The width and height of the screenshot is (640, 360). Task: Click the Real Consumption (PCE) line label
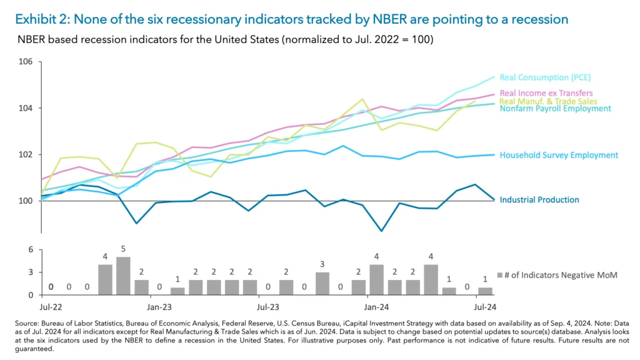(x=545, y=77)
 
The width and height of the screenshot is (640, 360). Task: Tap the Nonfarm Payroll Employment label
(x=555, y=109)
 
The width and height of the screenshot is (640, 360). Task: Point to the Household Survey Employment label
(x=559, y=155)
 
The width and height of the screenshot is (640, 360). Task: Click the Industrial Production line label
(x=539, y=200)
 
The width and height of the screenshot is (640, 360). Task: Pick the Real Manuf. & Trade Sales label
(x=548, y=101)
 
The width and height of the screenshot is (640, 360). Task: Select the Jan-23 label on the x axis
(x=161, y=307)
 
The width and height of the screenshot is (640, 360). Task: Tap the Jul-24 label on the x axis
(x=484, y=307)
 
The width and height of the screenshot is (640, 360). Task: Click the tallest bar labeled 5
(x=123, y=276)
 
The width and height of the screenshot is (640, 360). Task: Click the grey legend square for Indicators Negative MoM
(x=499, y=274)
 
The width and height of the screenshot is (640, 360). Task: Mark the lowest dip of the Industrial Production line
(x=381, y=231)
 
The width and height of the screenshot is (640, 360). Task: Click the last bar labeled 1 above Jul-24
(x=485, y=291)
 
